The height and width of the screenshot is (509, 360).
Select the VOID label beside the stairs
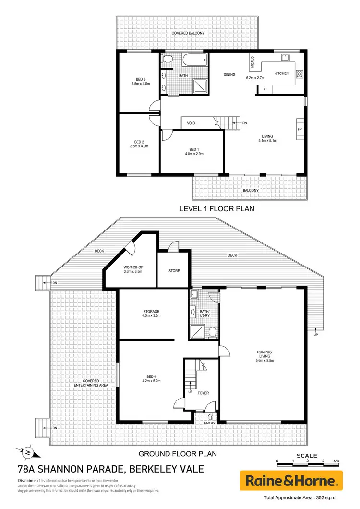pos(192,123)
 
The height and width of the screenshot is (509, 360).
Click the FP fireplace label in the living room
pos(300,130)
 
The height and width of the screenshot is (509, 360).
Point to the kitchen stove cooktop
pos(300,73)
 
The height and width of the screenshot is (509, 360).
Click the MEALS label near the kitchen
pos(252,62)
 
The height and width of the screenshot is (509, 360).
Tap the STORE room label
pos(174,271)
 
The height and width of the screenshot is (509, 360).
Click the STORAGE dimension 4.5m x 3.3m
pos(151,316)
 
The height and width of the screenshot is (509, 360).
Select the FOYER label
pos(203,393)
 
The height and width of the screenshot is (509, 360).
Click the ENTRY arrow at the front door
pos(209,416)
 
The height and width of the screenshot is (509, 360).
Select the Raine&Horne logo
pos(291,481)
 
